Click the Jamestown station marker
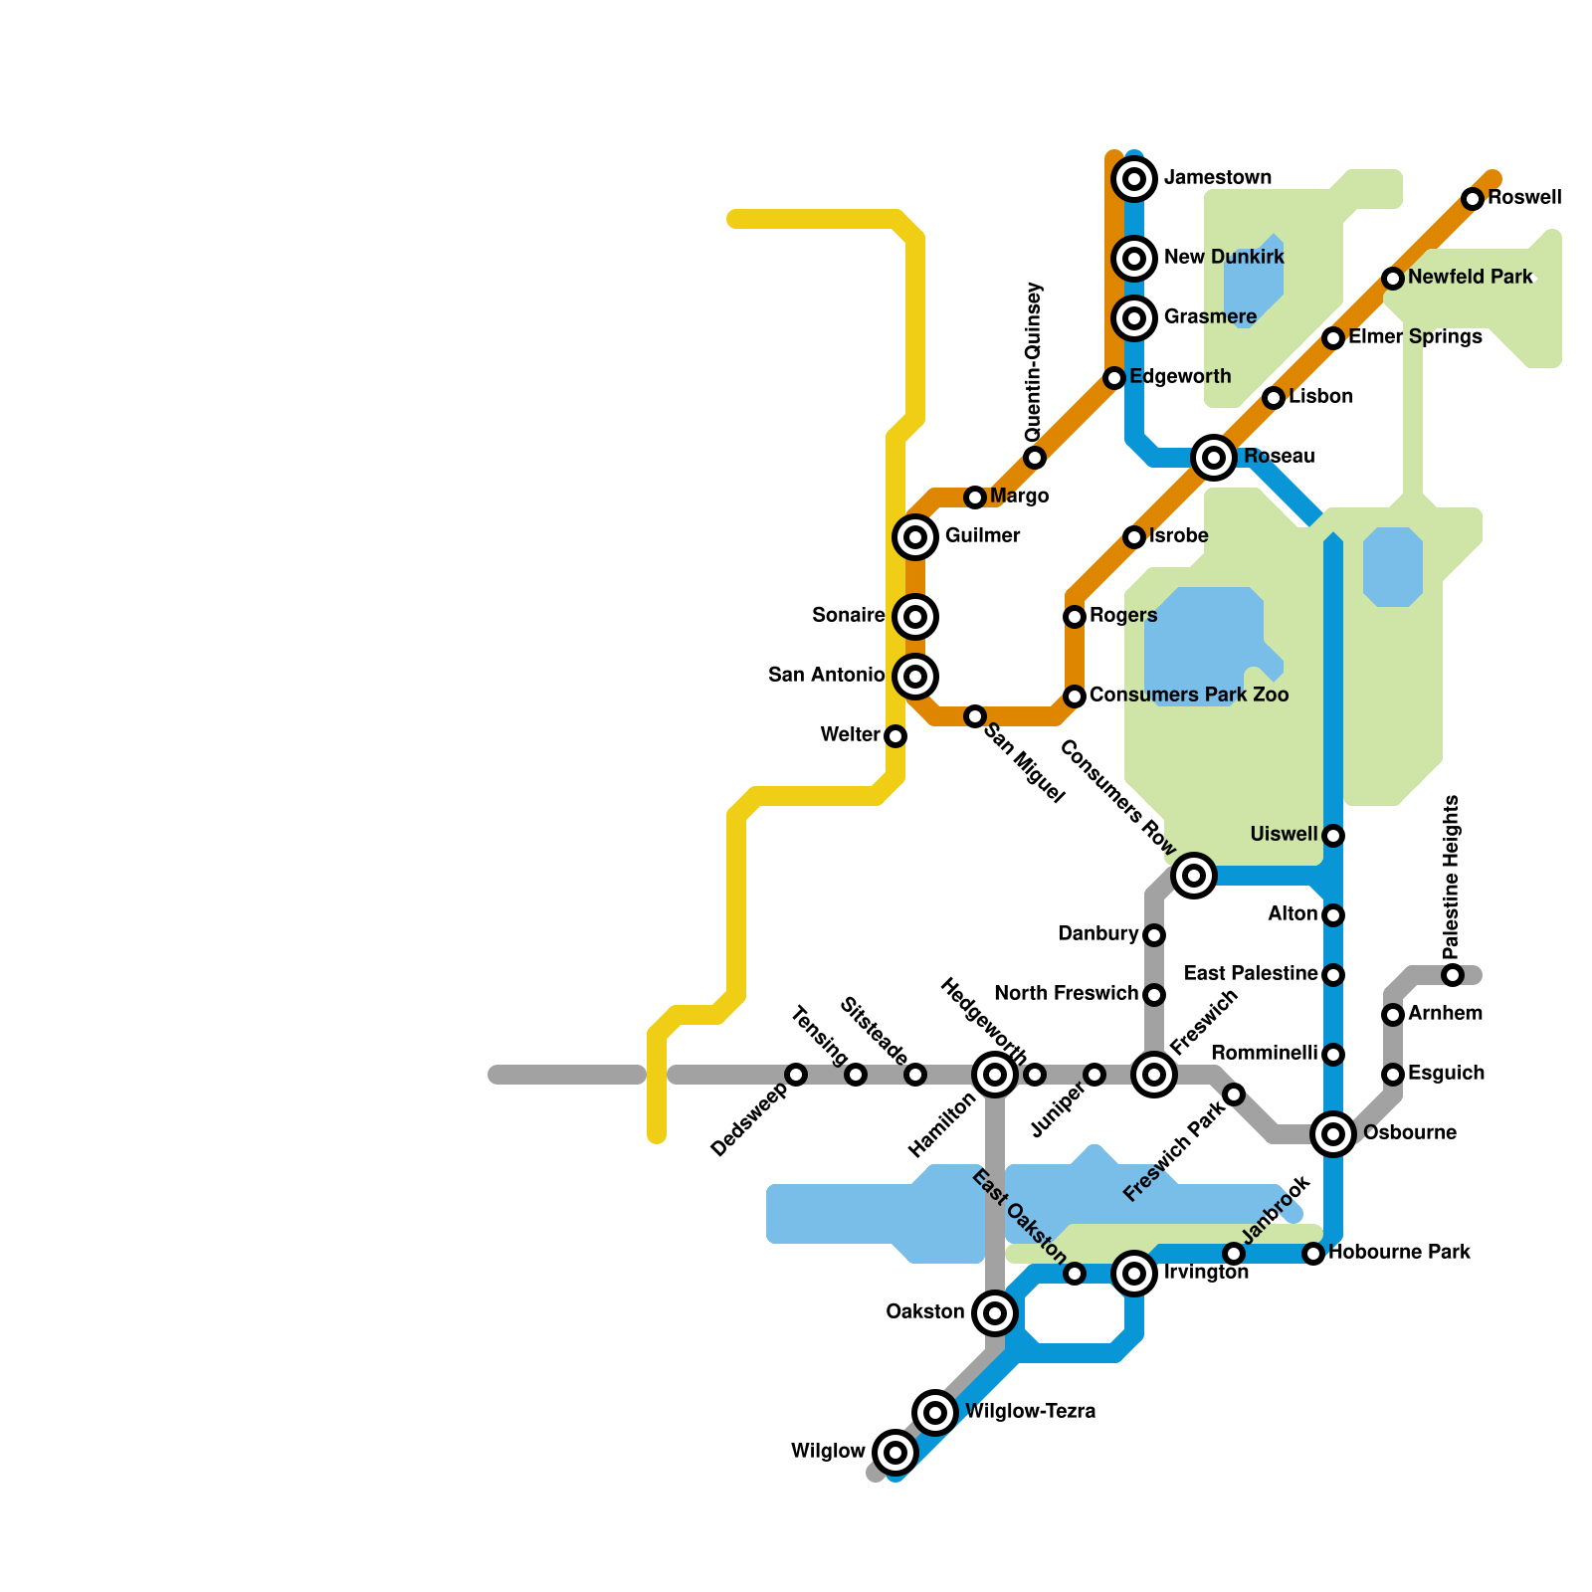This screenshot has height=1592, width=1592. click(1134, 179)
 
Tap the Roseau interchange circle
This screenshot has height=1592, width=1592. click(1214, 458)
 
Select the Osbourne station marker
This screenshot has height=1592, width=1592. click(1333, 1133)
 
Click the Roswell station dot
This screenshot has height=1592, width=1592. click(1473, 199)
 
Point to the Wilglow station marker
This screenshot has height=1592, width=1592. click(895, 1452)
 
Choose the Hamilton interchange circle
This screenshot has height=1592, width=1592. click(995, 1074)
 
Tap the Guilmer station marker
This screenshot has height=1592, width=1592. click(915, 537)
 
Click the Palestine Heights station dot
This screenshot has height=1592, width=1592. click(1453, 975)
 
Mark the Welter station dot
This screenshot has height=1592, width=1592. click(895, 736)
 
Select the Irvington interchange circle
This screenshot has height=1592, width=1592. click(1134, 1273)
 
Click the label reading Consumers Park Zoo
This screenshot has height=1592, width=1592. click(1189, 696)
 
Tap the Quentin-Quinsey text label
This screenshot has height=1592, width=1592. click(1035, 362)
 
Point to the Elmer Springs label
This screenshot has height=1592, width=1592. click(1415, 337)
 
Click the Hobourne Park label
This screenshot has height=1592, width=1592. click(1399, 1253)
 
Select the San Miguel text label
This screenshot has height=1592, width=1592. click(1025, 764)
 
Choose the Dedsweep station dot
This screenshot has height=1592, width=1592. click(796, 1075)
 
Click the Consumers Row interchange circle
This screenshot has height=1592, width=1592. click(1194, 876)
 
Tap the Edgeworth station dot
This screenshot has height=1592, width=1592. click(1114, 378)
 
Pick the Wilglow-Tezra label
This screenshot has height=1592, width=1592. click(1030, 1412)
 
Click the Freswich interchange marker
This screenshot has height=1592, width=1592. click(1154, 1074)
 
